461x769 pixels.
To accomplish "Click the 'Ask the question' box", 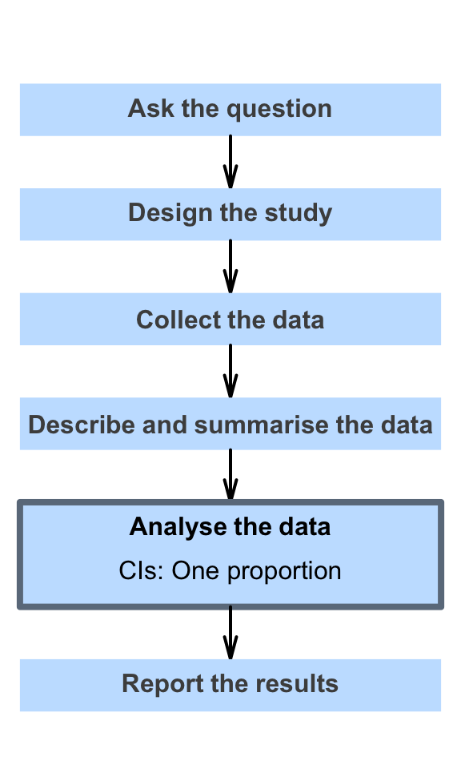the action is click(230, 110).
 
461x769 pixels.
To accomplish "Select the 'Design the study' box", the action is click(230, 215).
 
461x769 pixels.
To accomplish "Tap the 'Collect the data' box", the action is click(230, 319).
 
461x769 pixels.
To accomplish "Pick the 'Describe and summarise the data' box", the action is click(230, 424).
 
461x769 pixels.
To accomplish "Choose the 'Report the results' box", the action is click(230, 685).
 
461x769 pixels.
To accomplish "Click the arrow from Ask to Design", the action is click(230, 162).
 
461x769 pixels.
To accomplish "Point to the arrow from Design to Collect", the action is click(230, 266).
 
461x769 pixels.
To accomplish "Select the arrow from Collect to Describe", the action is click(230, 371).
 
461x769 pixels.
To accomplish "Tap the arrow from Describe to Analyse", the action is click(230, 475).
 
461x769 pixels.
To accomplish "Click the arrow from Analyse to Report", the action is click(230, 633).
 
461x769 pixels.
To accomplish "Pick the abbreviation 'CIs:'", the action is click(141, 570).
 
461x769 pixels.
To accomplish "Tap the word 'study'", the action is click(299, 214).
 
